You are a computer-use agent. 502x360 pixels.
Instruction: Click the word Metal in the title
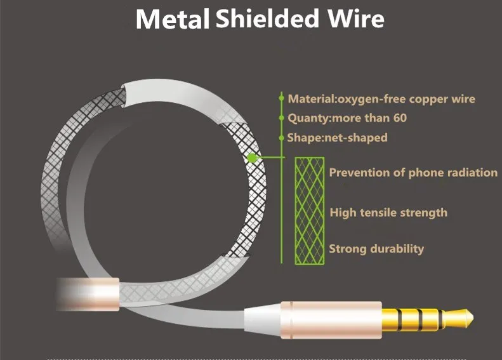pos(173,20)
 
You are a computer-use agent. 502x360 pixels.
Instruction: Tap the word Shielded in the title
pos(267,18)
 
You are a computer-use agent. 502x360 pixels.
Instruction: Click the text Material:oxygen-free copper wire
pos(381,99)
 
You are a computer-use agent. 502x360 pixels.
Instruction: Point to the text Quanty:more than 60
pos(347,118)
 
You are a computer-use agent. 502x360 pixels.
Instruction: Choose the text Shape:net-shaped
pos(337,138)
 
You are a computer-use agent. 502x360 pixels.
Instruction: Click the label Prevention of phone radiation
pos(413,172)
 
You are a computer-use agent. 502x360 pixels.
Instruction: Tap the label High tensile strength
pos(388,213)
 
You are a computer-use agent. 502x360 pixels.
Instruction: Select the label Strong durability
pos(376,248)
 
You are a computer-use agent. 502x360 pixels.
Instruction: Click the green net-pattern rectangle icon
pos(309,210)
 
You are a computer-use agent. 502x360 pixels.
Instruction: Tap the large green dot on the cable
pos(253,157)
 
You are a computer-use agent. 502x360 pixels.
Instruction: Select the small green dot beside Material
pos(281,99)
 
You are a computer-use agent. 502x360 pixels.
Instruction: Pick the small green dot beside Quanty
pos(281,118)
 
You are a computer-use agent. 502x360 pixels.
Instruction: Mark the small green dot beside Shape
pos(281,138)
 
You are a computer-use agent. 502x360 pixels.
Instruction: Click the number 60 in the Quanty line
pos(399,118)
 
